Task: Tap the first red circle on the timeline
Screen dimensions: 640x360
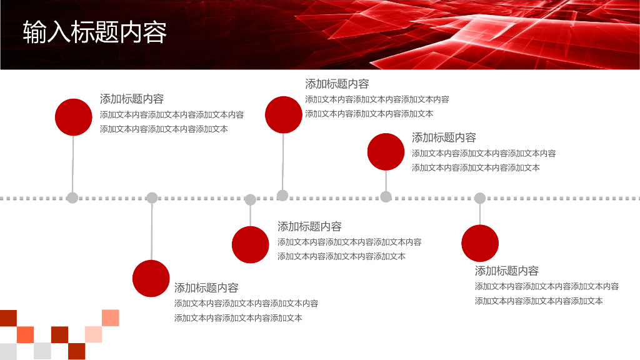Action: coord(74,117)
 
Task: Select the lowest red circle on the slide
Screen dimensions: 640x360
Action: coord(151,278)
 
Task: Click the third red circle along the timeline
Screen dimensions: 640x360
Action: coord(250,244)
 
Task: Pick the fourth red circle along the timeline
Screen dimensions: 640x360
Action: coord(283,114)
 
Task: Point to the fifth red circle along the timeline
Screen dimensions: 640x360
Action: coord(386,152)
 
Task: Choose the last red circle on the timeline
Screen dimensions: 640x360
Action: coord(480,243)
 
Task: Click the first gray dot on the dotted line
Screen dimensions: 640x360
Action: coord(72,198)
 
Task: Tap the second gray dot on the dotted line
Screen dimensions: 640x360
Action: coord(152,198)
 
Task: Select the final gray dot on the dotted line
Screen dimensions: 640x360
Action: coord(480,198)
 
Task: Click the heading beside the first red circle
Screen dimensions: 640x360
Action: coord(132,99)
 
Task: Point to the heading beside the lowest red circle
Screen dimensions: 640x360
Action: coord(206,288)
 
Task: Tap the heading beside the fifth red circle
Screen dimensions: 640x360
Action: coord(444,137)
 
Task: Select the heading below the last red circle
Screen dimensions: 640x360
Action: coord(507,271)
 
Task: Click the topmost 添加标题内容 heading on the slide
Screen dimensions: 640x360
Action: coord(337,84)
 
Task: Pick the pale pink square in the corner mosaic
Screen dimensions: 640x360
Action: coord(93,334)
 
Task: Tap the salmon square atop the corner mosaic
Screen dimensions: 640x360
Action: coord(111,317)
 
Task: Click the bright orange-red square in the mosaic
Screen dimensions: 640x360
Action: coord(26,334)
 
